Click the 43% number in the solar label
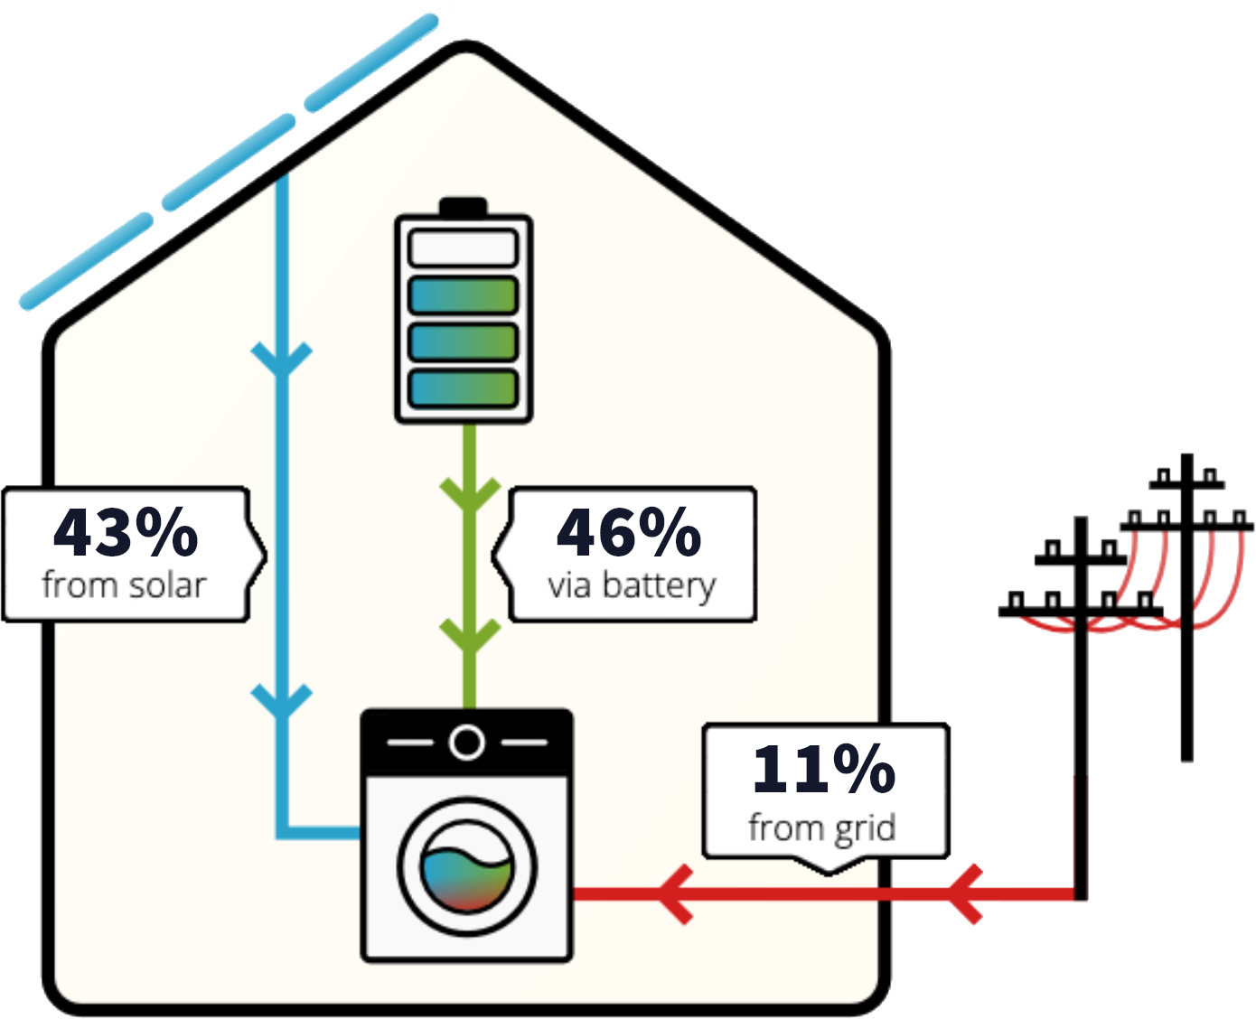tap(125, 533)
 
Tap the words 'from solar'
tap(124, 585)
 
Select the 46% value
tap(629, 533)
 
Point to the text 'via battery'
tap(631, 585)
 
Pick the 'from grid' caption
tap(821, 827)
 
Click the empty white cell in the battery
tap(463, 248)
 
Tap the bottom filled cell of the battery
tap(463, 388)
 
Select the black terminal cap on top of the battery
tap(463, 207)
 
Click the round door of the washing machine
tap(467, 868)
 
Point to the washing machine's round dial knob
tap(466, 743)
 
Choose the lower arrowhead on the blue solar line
tap(282, 701)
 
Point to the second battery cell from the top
tap(463, 295)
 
